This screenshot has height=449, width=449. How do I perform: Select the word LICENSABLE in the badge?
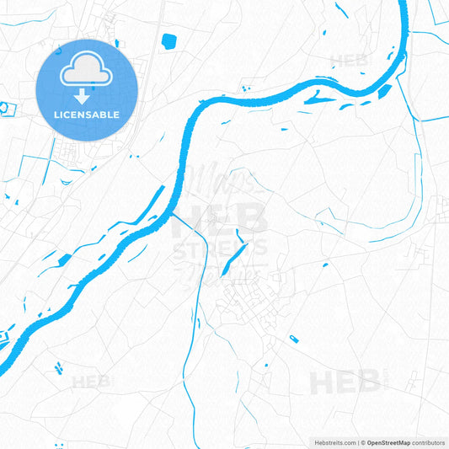[x=87, y=114]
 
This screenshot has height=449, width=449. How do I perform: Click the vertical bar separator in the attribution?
[x=360, y=442]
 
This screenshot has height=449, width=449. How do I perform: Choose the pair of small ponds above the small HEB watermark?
[x=59, y=367]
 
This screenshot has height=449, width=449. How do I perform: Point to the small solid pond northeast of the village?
[x=323, y=266]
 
